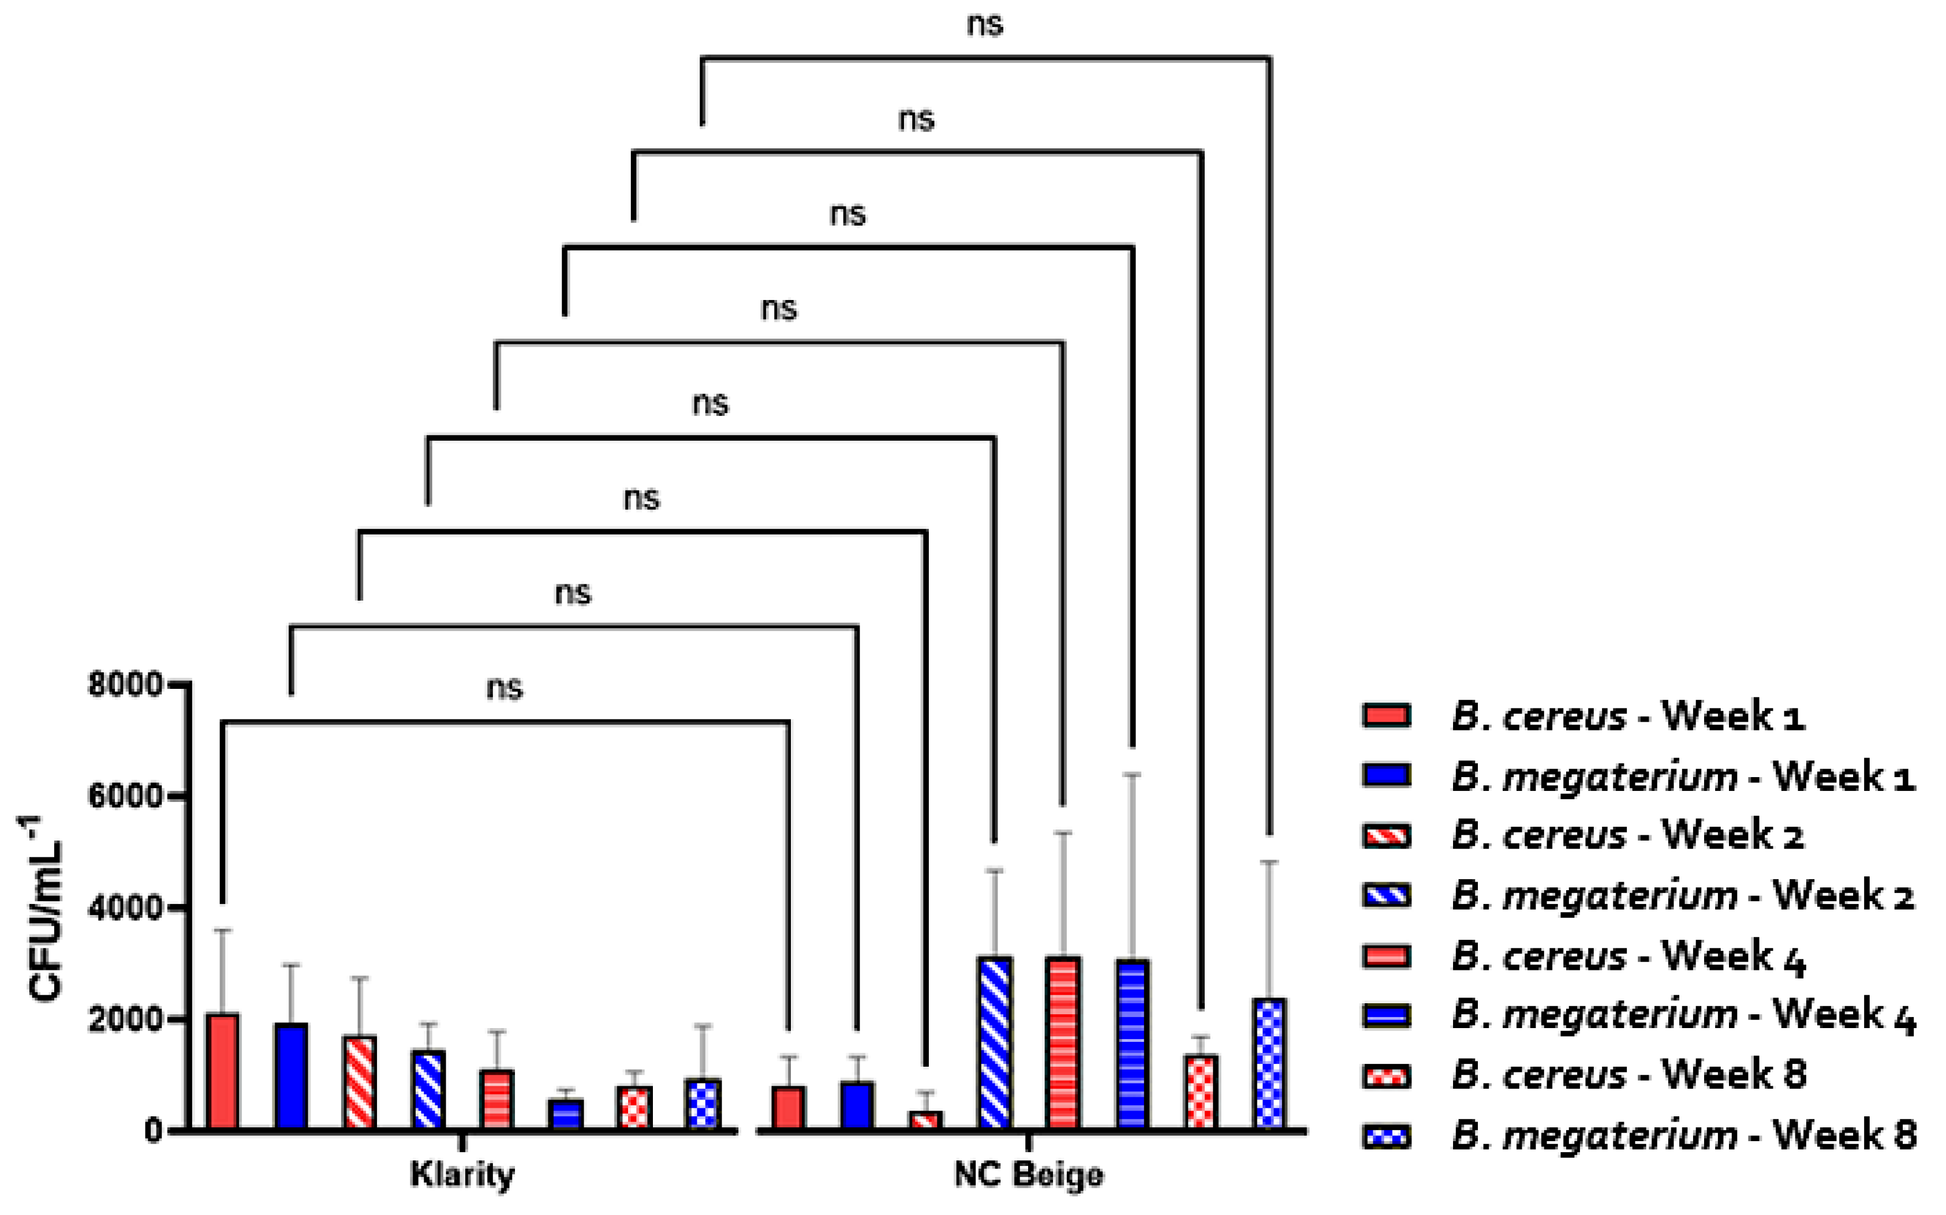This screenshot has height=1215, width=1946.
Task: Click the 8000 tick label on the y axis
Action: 125,685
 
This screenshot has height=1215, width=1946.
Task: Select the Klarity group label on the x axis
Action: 462,1174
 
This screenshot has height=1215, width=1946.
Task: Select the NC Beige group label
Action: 1029,1174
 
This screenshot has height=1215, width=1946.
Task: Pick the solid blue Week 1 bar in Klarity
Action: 291,1076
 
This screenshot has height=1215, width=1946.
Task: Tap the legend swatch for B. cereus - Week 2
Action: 1387,836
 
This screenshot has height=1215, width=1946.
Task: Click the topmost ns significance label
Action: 985,24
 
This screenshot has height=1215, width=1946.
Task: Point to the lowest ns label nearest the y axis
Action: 505,688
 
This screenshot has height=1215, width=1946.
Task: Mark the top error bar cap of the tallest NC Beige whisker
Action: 1133,775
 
